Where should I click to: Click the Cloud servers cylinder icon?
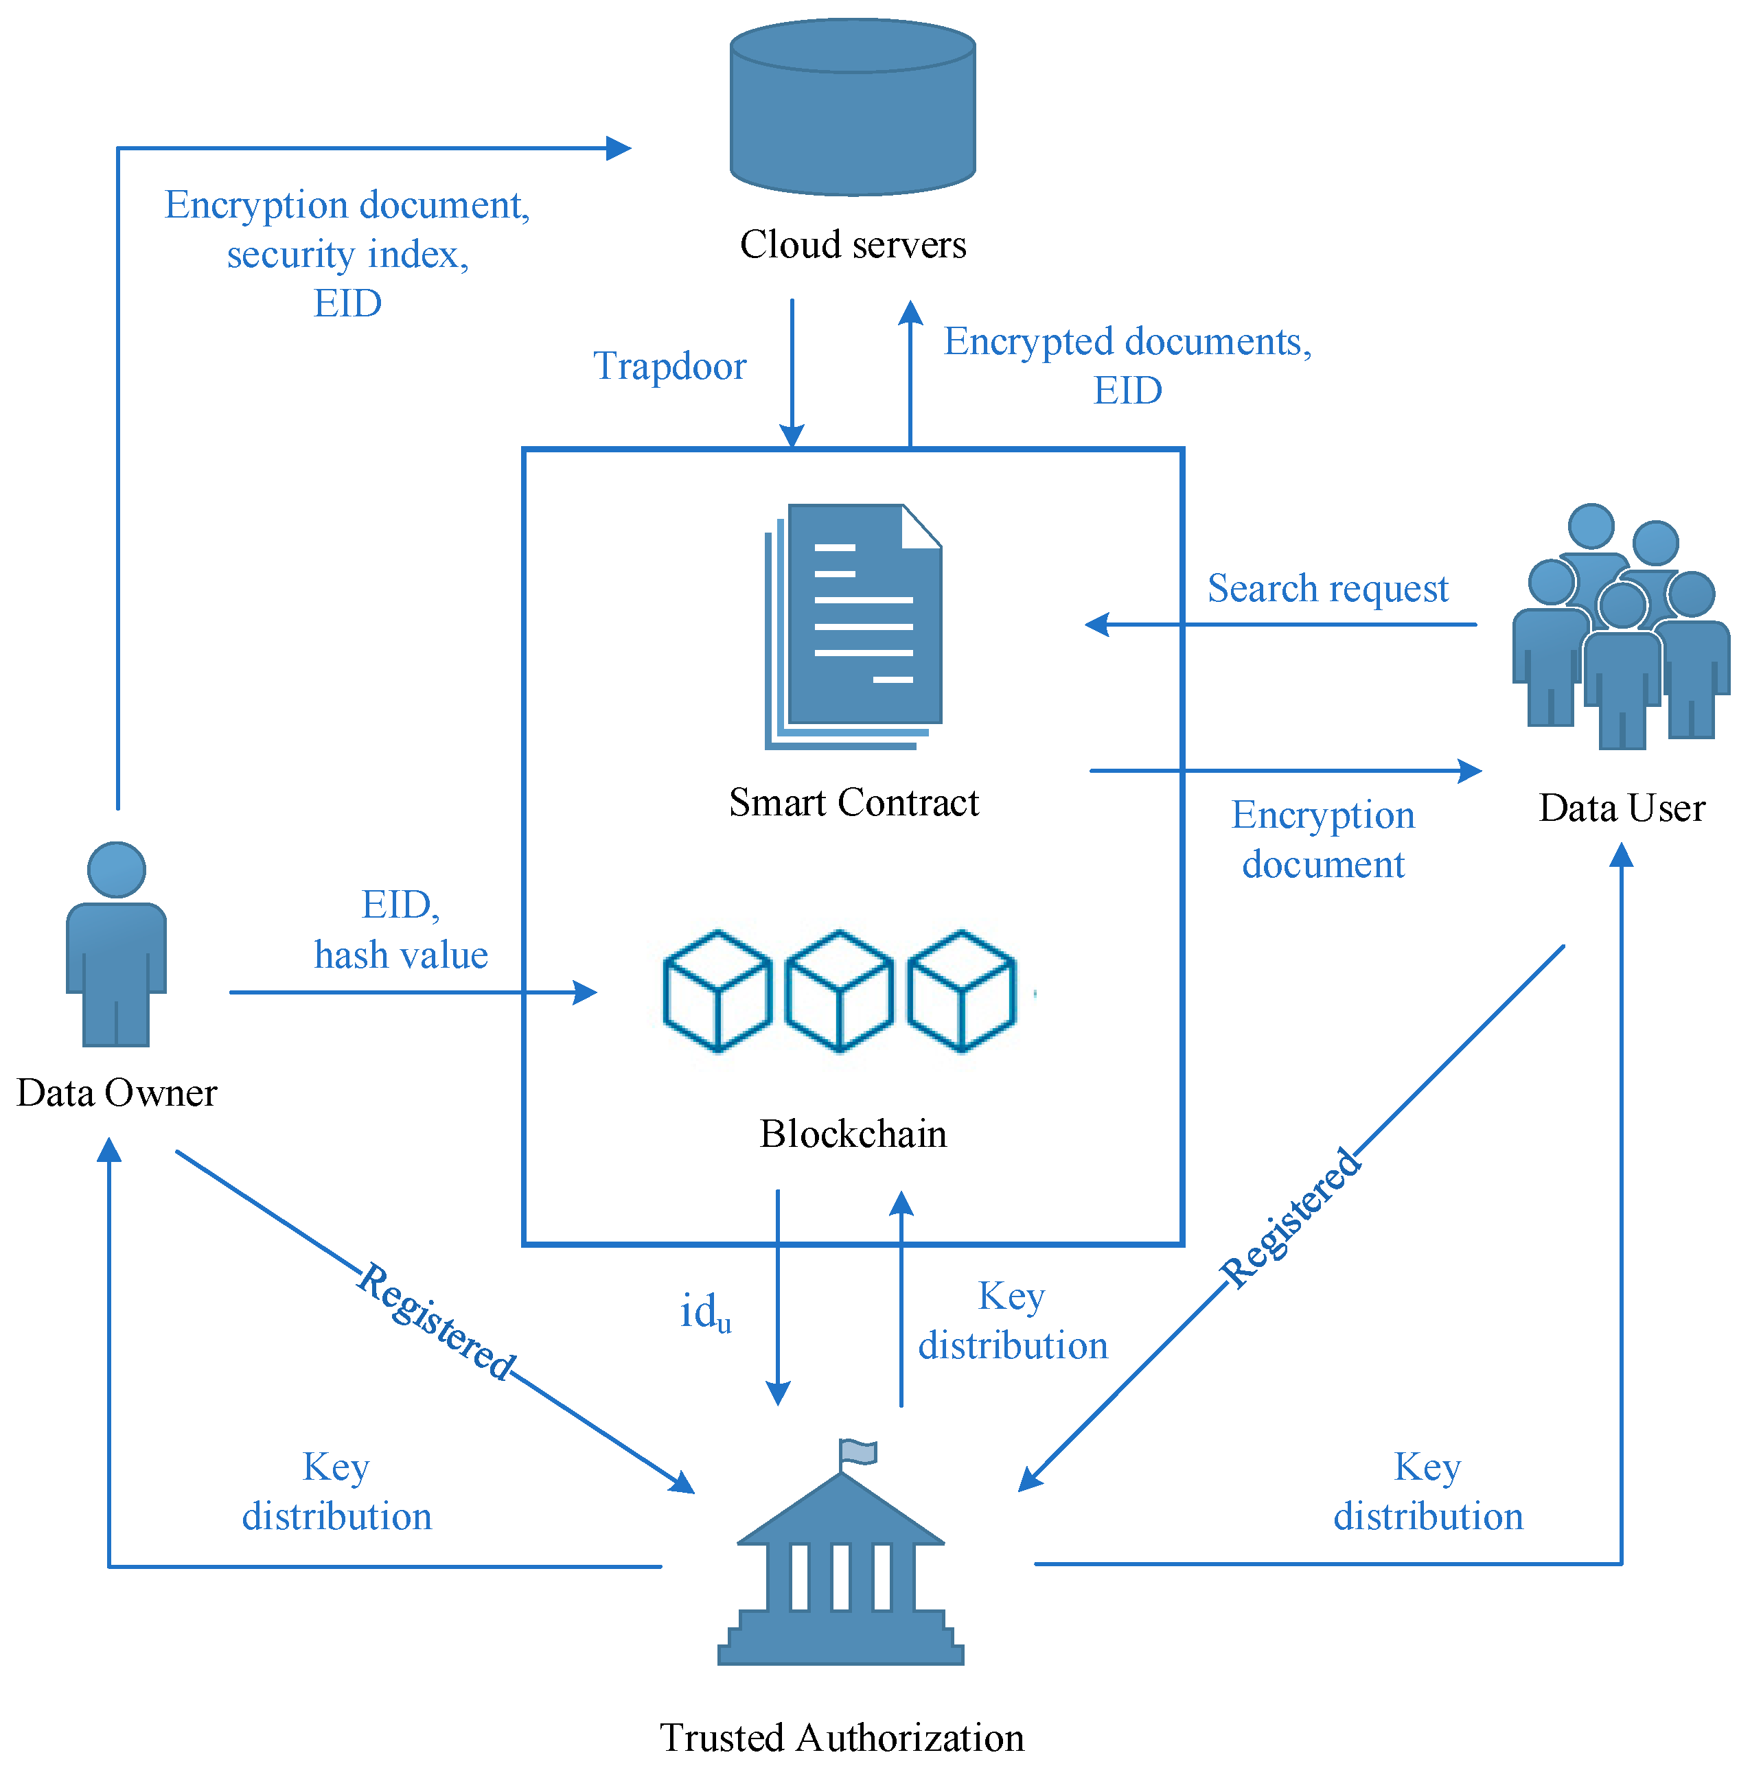click(x=852, y=108)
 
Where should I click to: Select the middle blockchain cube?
click(x=840, y=991)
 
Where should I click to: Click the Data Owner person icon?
click(x=116, y=944)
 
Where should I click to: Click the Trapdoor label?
click(x=669, y=366)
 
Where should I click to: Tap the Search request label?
click(x=1327, y=588)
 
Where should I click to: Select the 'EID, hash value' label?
click(x=401, y=930)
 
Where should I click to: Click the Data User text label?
click(x=1621, y=808)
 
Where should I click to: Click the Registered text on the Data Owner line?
click(x=436, y=1321)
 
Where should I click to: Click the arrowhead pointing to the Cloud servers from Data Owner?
click(x=620, y=148)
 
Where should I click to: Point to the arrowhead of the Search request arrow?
click(x=1096, y=625)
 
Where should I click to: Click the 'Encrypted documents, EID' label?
click(x=1127, y=366)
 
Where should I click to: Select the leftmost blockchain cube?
click(x=717, y=991)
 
